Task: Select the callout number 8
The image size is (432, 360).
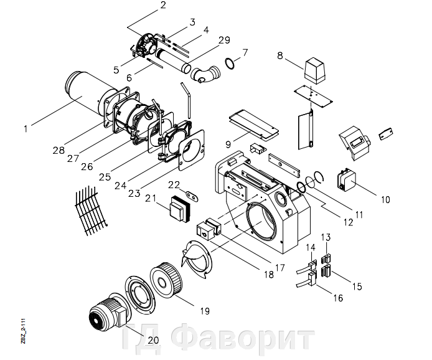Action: click(x=279, y=55)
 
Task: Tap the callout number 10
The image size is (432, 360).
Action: click(x=385, y=200)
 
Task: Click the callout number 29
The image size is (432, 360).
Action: click(x=224, y=40)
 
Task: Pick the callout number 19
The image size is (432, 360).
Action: click(x=204, y=310)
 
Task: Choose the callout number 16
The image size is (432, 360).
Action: click(x=338, y=298)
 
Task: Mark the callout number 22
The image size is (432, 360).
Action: click(x=175, y=184)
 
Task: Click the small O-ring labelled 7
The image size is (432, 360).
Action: click(x=229, y=63)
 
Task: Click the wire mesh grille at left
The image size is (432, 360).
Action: click(x=89, y=211)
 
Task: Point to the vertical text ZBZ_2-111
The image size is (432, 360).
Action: click(x=23, y=332)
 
